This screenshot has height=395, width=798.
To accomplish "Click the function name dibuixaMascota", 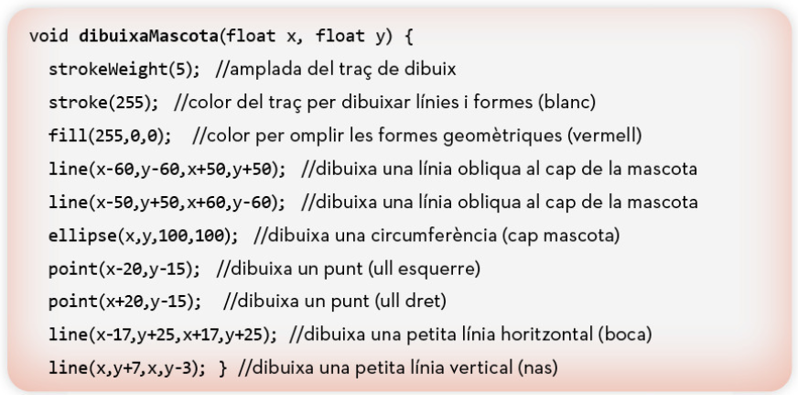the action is (x=148, y=36).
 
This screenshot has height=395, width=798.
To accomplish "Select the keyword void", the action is (x=49, y=36).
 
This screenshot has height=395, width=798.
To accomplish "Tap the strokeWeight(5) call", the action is (x=124, y=70).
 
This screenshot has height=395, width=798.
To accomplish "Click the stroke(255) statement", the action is (x=103, y=103).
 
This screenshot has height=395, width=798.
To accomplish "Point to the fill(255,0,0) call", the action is (x=110, y=136).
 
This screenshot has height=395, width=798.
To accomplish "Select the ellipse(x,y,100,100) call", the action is (x=143, y=236).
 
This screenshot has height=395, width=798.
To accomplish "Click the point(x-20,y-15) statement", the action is (x=124, y=269).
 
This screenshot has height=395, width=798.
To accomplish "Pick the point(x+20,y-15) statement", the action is (x=124, y=302).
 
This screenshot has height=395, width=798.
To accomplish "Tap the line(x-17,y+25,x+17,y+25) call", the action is (x=163, y=335).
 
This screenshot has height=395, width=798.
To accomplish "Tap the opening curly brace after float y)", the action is (x=408, y=37).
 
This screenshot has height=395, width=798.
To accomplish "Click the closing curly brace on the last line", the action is (x=221, y=368).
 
